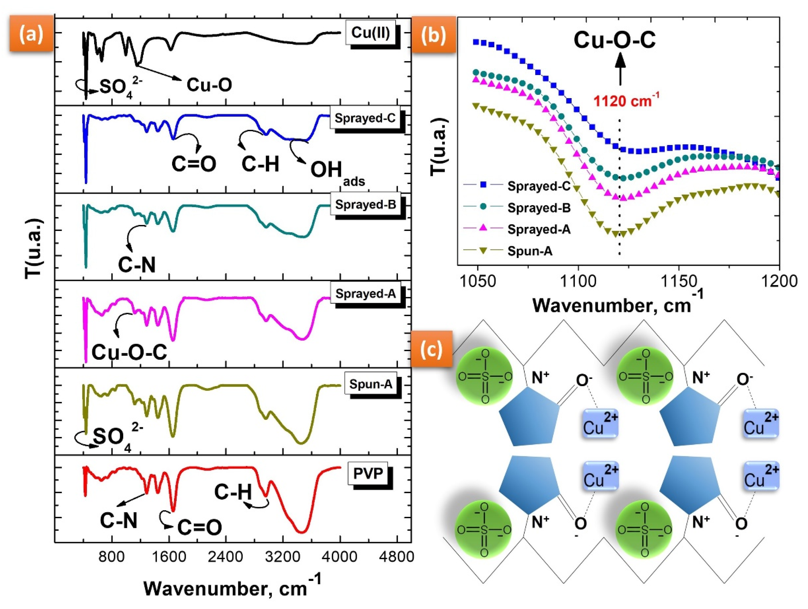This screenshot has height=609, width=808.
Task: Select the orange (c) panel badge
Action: [431, 349]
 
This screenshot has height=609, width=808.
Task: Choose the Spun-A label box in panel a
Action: [370, 384]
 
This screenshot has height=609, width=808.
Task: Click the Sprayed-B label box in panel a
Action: [365, 204]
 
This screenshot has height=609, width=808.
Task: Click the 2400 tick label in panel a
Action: [225, 557]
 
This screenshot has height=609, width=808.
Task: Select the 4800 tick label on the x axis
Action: [397, 557]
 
